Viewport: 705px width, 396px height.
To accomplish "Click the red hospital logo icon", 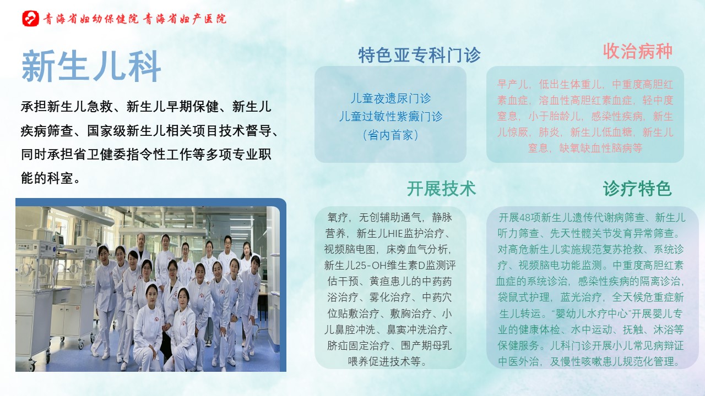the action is pyautogui.click(x=30, y=19).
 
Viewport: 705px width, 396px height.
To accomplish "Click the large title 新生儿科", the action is pyautogui.click(x=91, y=67).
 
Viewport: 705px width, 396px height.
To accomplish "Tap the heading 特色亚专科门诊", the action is pyautogui.click(x=419, y=56).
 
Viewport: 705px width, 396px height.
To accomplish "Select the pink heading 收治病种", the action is pyautogui.click(x=638, y=51).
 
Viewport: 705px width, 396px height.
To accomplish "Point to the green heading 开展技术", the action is pyautogui.click(x=441, y=189).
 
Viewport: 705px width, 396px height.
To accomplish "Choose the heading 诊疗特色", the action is pyautogui.click(x=637, y=189).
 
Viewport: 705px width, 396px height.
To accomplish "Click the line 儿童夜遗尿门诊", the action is pyautogui.click(x=391, y=98).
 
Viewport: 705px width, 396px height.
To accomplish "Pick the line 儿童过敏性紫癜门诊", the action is pyautogui.click(x=391, y=117).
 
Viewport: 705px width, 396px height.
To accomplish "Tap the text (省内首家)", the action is pyautogui.click(x=391, y=135).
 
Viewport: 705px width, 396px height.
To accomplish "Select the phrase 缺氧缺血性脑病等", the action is pyautogui.click(x=600, y=148).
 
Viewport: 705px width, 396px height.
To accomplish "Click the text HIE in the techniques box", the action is pyautogui.click(x=395, y=234).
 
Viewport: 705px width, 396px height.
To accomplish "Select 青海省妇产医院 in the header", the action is pyautogui.click(x=185, y=19).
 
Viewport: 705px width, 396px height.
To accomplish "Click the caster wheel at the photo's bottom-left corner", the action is pyautogui.click(x=31, y=366).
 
